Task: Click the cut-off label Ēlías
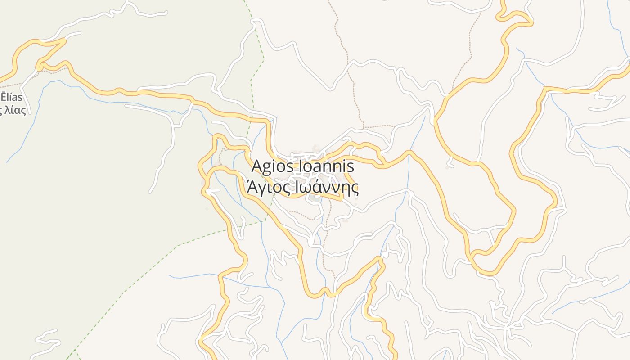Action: tap(11, 97)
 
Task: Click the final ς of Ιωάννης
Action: tap(355, 189)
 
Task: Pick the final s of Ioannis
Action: tap(351, 167)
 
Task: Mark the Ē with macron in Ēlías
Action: tap(4, 96)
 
